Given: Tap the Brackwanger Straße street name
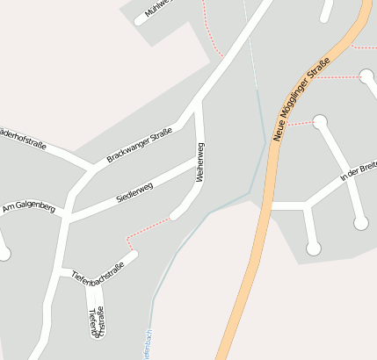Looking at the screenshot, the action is (x=139, y=145).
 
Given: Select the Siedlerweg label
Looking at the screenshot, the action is (x=134, y=192).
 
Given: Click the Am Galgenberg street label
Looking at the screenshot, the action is (x=29, y=208).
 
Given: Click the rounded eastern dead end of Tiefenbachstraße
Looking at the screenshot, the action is (x=134, y=256).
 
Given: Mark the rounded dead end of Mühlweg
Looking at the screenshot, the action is (x=138, y=20).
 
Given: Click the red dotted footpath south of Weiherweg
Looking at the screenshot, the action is (x=145, y=229).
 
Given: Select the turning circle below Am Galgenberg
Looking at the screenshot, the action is (x=4, y=254).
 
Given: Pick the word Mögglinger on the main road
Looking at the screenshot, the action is (x=299, y=102).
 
